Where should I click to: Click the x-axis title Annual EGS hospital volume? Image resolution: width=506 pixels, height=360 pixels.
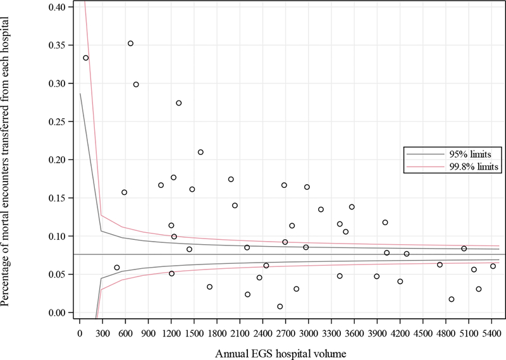(281, 351)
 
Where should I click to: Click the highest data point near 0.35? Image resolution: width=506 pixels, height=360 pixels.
(130, 44)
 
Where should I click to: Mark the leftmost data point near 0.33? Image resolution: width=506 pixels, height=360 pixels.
(86, 58)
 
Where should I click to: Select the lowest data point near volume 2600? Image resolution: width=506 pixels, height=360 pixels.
(280, 306)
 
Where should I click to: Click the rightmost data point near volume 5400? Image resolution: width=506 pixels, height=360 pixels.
(493, 266)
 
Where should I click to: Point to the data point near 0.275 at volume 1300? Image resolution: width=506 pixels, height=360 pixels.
(178, 103)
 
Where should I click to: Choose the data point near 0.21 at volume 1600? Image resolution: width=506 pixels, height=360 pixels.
(201, 152)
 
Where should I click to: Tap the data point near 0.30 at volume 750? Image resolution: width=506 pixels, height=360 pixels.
(136, 84)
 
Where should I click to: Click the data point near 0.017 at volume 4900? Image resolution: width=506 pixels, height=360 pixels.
(451, 299)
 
